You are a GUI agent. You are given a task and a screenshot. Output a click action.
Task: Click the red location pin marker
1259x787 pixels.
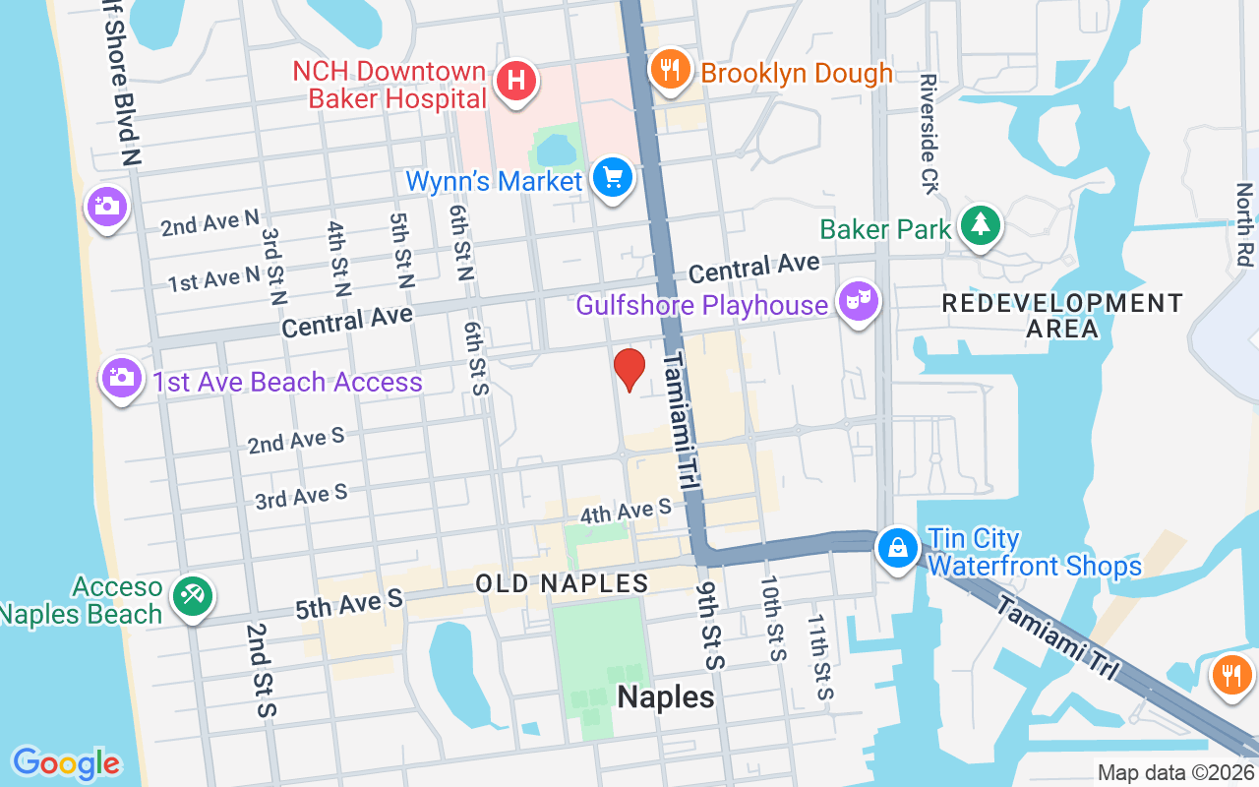coord(629,370)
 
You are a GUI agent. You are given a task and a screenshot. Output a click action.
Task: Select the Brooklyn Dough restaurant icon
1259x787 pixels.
coord(670,69)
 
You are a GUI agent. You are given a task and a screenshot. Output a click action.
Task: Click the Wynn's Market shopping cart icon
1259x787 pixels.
coord(615,179)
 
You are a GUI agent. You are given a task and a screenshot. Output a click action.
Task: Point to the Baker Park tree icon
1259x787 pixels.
coord(981,224)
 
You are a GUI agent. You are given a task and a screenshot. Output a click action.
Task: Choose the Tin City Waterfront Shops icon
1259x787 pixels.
coord(898,548)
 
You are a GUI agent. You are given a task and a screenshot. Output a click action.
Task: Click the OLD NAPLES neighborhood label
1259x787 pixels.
coord(562,583)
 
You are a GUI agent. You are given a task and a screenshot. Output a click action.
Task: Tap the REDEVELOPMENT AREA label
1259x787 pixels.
coord(1062,315)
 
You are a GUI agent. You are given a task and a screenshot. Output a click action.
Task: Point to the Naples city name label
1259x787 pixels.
coord(666,697)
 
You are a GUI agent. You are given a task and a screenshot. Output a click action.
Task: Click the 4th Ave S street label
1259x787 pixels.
coord(626,512)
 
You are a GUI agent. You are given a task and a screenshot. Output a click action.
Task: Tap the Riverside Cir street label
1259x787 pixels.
coord(929,134)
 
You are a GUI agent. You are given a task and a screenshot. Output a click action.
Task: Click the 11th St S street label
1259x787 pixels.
coord(820,657)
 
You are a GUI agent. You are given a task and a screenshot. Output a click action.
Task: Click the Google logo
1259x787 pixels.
coord(66,763)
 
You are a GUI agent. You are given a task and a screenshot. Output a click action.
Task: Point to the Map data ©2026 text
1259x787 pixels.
coord(1175,773)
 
